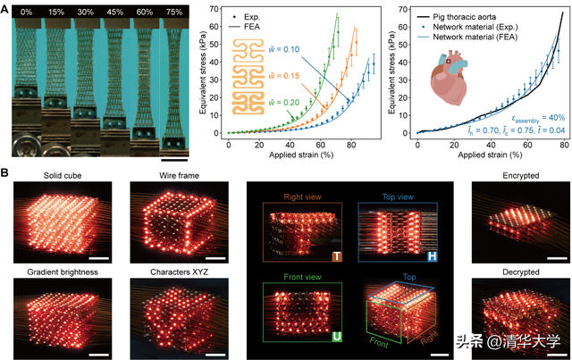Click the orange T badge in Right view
click(x=337, y=256)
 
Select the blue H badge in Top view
click(x=433, y=256)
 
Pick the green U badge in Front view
click(x=337, y=339)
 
